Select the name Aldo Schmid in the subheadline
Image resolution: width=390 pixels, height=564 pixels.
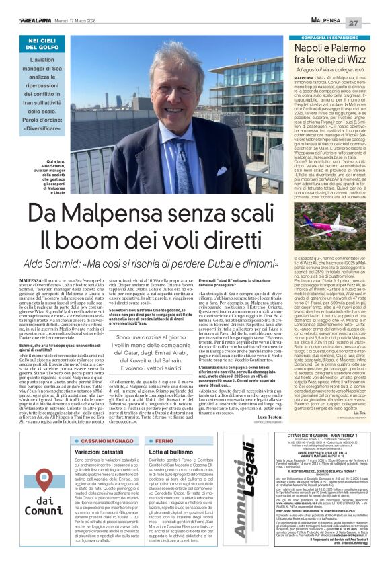74,264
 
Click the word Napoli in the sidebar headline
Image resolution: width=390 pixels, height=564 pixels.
314,49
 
